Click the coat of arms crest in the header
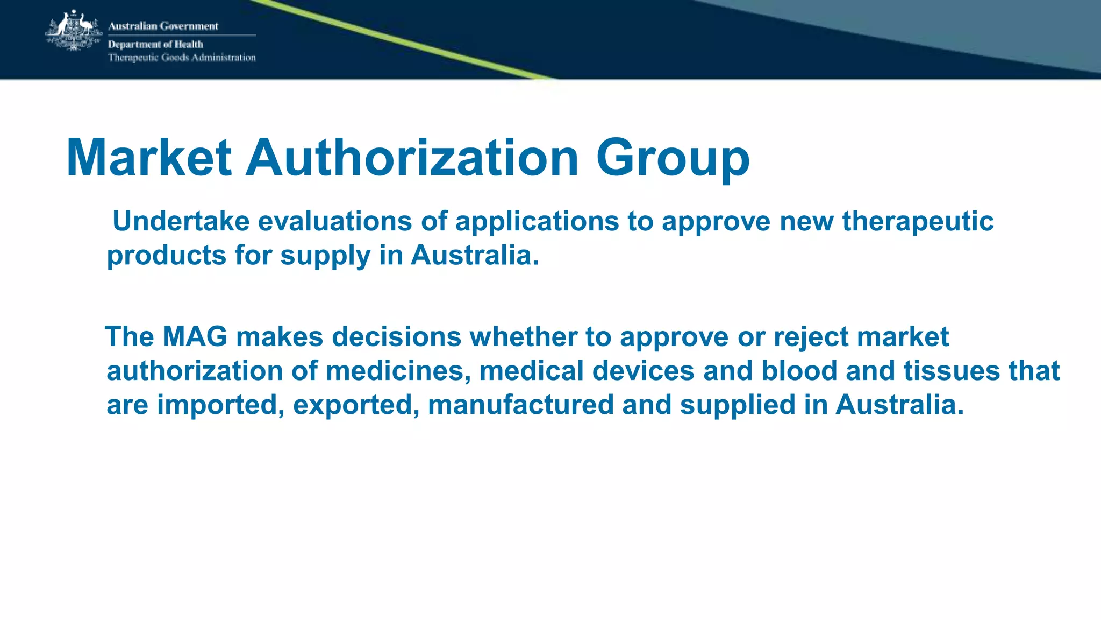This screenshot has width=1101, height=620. pyautogui.click(x=74, y=31)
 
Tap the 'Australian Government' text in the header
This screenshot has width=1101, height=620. pyautogui.click(x=163, y=26)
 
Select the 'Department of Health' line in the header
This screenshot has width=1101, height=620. pyautogui.click(x=155, y=44)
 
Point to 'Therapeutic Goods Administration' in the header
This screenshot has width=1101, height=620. pyautogui.click(x=182, y=58)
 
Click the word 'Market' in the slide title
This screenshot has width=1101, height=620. pyautogui.click(x=149, y=158)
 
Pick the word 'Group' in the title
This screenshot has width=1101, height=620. pyautogui.click(x=673, y=158)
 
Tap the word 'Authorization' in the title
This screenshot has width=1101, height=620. pyautogui.click(x=412, y=158)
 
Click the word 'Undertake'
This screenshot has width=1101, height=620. pyautogui.click(x=181, y=221)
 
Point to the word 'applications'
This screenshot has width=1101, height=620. pyautogui.click(x=537, y=221)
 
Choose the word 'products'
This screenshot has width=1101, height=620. pyautogui.click(x=166, y=256)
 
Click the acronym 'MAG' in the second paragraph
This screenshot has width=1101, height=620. pyautogui.click(x=195, y=337)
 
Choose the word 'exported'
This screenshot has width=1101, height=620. pyautogui.click(x=355, y=405)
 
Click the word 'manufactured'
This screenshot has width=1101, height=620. pyautogui.click(x=520, y=405)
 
